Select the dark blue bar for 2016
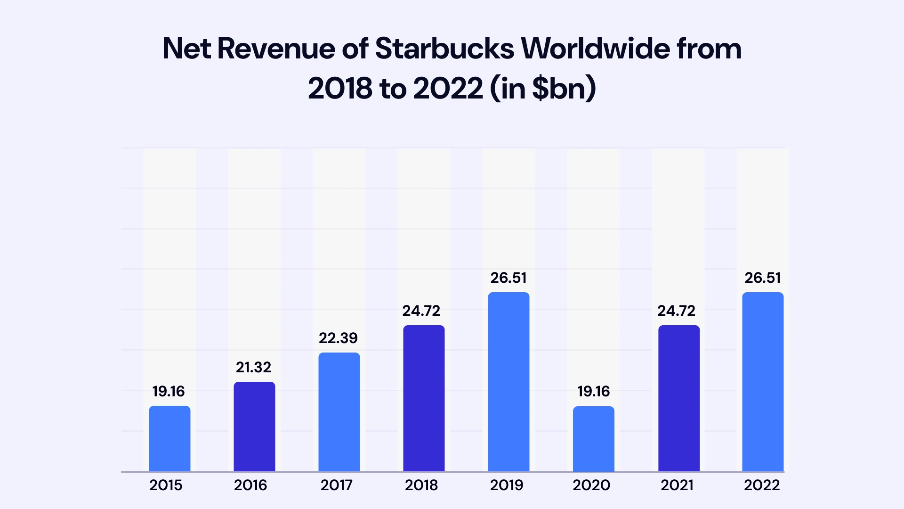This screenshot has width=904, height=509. click(254, 427)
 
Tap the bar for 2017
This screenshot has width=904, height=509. click(339, 412)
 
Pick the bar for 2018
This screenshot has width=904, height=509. click(424, 398)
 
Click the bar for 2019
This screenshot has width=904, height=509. click(508, 382)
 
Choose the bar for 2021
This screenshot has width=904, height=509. click(678, 398)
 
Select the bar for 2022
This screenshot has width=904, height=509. click(763, 382)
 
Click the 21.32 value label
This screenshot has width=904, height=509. click(253, 367)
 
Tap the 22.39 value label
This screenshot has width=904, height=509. click(338, 338)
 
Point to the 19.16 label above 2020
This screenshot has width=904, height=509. click(593, 391)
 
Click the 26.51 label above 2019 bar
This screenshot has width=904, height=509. click(508, 278)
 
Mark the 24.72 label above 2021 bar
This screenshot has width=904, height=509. click(676, 311)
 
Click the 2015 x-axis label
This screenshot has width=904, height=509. click(166, 485)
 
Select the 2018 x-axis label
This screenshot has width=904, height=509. click(421, 485)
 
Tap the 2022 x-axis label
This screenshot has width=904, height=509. click(762, 485)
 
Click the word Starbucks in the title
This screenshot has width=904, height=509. click(444, 48)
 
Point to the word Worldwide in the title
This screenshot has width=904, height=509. click(595, 48)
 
